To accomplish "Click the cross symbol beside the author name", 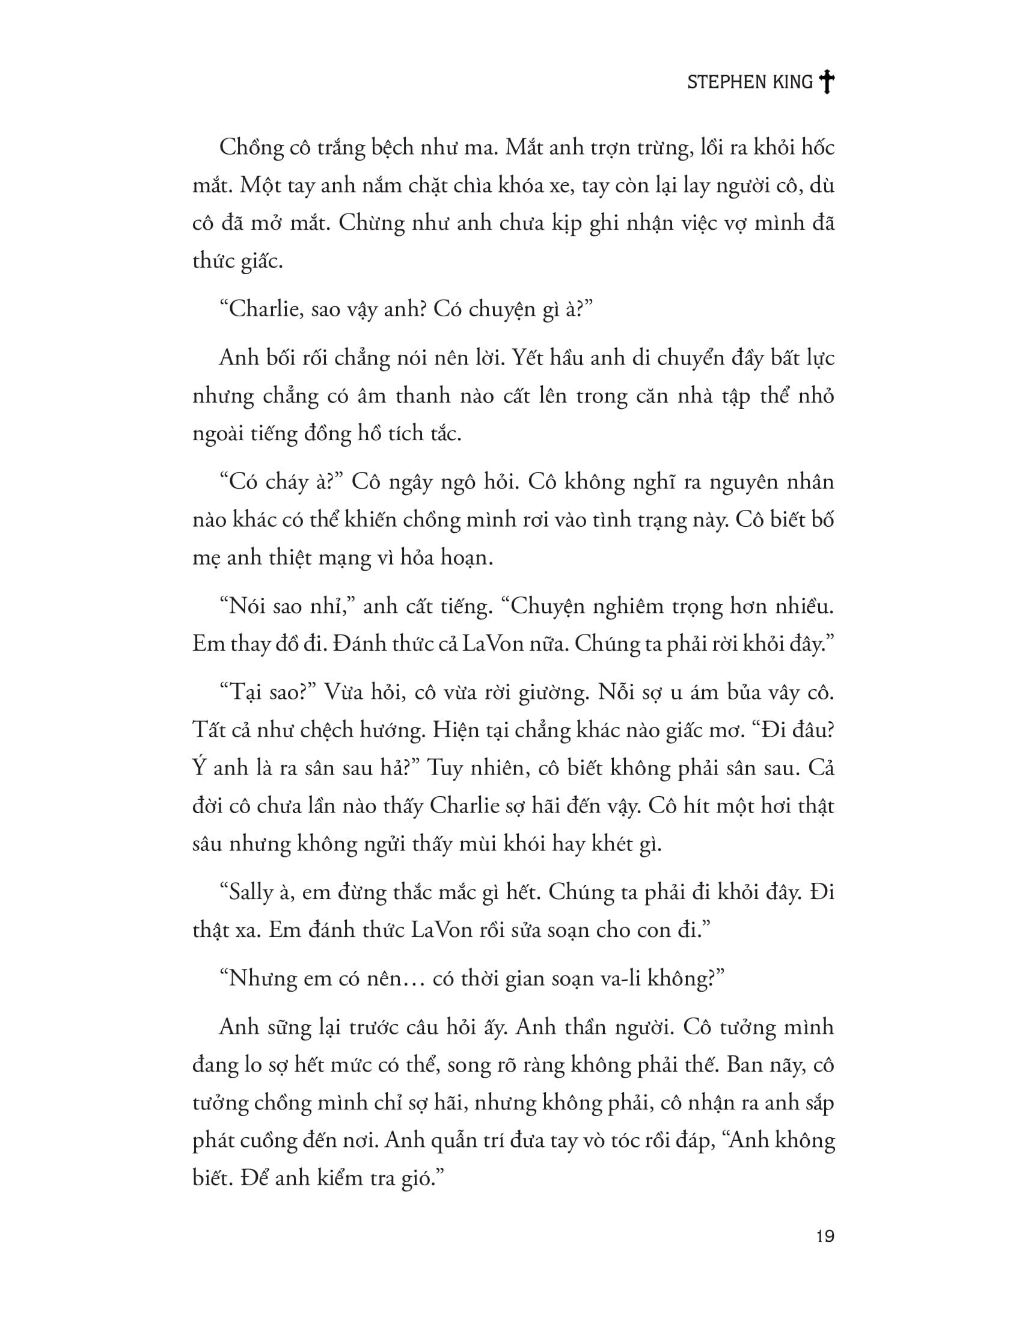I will [x=826, y=82].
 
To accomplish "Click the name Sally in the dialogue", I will [x=251, y=893].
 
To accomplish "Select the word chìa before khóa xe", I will [x=480, y=185].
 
